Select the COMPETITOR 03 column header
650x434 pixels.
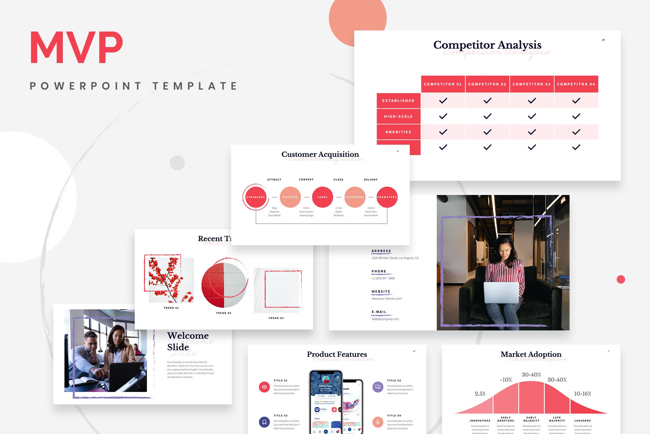coord(532,84)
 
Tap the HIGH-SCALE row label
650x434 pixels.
coord(398,117)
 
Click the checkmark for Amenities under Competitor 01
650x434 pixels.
coord(443,132)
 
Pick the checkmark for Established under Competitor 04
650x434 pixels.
coord(576,101)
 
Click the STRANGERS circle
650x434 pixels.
coord(256,197)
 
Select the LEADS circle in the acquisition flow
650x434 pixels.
coord(322,197)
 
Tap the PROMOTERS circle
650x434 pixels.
coord(387,197)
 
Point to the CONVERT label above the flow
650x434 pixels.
coord(306,180)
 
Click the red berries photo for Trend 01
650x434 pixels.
coord(170,280)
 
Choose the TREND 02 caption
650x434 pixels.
coord(224,313)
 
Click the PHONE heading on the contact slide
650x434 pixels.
coord(379,271)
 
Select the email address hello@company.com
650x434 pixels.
coord(385,319)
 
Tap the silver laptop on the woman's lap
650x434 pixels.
coord(501,292)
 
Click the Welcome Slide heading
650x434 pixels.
coord(188,341)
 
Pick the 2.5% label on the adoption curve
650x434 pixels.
coord(480,394)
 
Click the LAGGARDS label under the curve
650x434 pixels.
coord(582,421)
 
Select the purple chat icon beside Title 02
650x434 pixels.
coord(378,387)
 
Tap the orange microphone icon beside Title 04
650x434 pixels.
coord(378,422)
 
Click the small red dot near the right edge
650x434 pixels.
coord(621,279)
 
